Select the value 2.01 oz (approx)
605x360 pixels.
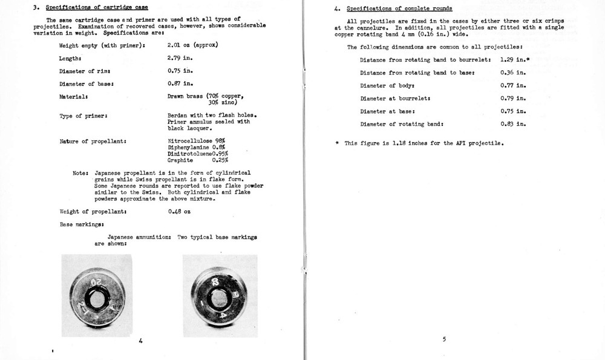coord(192,45)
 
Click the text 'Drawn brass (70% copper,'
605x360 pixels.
coord(205,96)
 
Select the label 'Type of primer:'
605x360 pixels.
coord(83,115)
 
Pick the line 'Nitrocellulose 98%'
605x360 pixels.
coord(192,141)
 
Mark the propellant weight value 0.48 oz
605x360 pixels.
coord(179,212)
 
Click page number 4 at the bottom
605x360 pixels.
coord(140,340)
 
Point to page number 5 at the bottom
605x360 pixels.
coord(443,339)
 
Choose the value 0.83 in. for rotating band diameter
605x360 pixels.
coord(513,124)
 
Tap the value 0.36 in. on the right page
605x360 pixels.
coord(513,73)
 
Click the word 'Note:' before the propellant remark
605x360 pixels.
coord(81,173)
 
